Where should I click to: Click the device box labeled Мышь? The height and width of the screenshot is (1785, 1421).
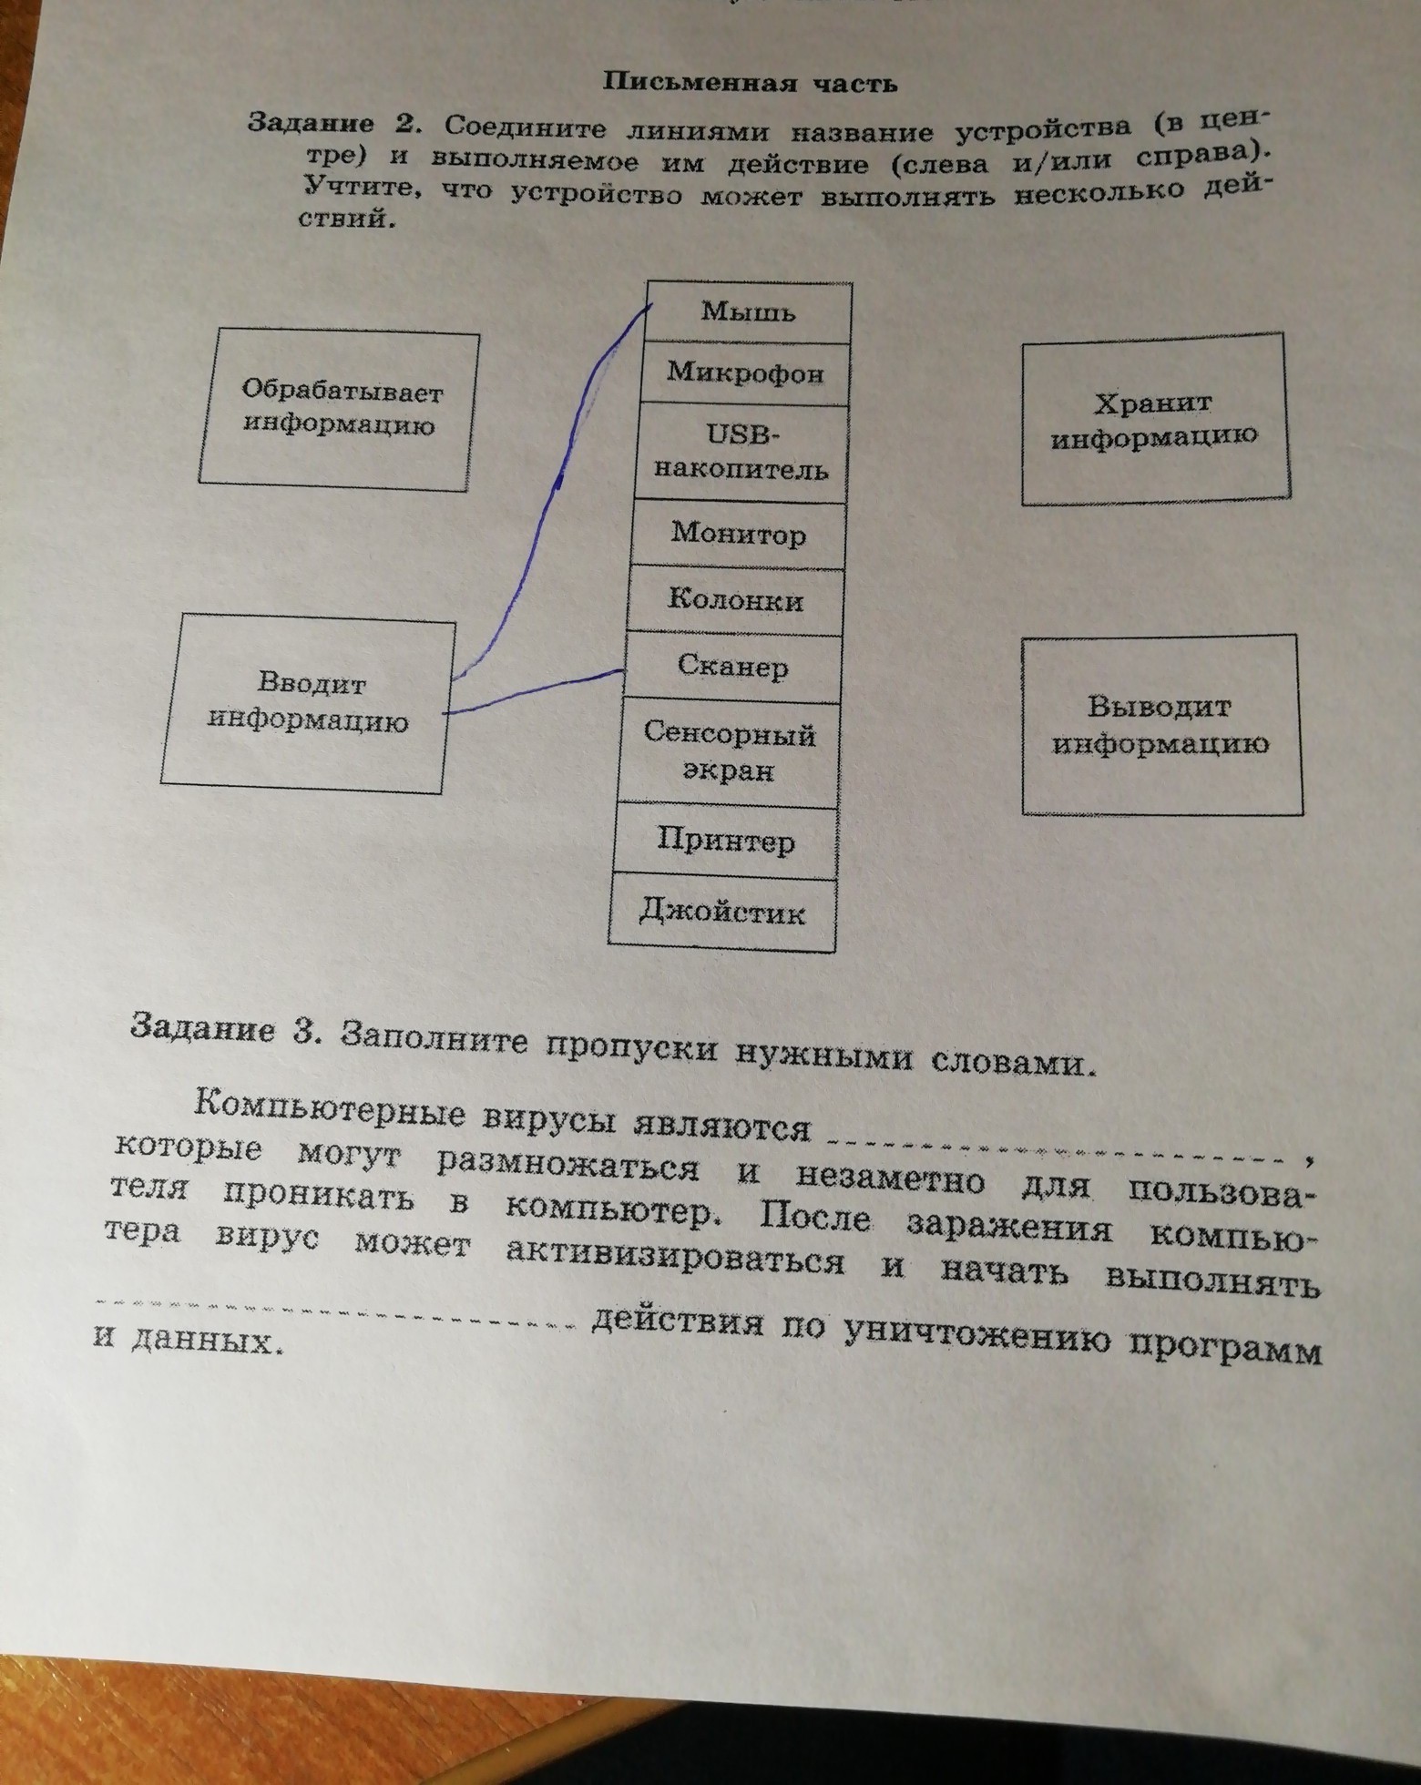(748, 312)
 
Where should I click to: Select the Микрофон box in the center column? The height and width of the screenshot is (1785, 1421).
(745, 373)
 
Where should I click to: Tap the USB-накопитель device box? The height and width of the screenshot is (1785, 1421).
(742, 453)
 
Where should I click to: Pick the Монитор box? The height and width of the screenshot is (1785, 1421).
(739, 534)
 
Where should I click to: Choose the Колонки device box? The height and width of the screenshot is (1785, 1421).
(735, 601)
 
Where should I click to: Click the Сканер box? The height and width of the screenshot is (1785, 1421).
(732, 668)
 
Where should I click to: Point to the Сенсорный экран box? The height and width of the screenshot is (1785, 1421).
(729, 752)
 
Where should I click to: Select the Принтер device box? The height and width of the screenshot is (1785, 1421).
(726, 841)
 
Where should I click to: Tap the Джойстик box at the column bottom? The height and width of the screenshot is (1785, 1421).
(723, 912)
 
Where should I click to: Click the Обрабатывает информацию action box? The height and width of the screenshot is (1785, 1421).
(339, 411)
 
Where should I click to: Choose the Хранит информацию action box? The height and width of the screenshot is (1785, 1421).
(1154, 420)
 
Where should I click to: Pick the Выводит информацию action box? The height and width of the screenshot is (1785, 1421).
(1161, 725)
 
